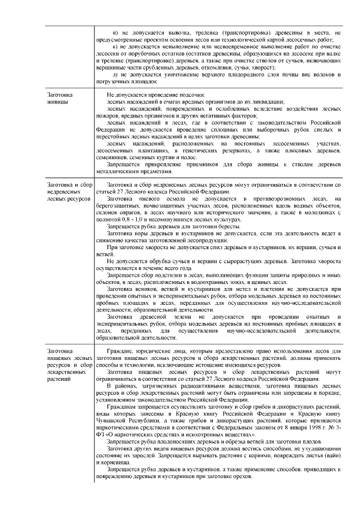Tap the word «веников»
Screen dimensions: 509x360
click(153, 289)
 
